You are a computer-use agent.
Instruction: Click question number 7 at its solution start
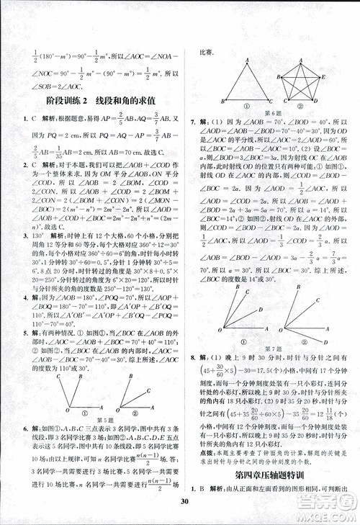click(192, 124)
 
